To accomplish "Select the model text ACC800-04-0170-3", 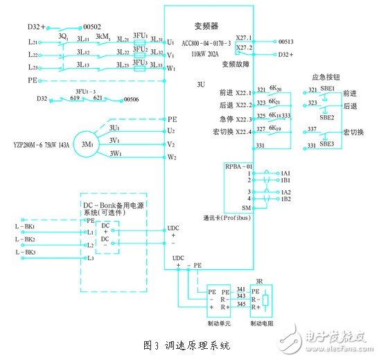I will pos(206,43).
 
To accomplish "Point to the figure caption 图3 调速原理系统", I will pos(186,344).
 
